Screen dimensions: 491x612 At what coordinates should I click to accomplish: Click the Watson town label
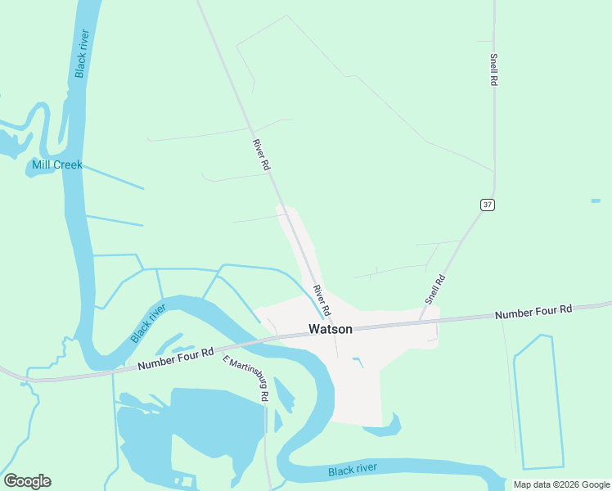coord(331,329)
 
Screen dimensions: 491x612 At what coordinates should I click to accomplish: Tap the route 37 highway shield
coord(487,205)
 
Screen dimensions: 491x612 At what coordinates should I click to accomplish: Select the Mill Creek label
coord(57,164)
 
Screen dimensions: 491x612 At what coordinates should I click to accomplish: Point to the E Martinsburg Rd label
coord(247,378)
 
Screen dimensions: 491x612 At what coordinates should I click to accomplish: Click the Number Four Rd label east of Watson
coord(533,312)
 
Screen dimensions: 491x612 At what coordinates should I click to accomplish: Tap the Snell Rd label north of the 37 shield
coord(494,70)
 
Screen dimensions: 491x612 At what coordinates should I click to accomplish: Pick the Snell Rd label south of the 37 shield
coord(435,290)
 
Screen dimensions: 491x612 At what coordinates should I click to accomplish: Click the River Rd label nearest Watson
coord(321,300)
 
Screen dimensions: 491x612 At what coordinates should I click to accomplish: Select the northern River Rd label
coord(262,155)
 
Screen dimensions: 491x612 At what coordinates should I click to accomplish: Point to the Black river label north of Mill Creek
coord(82,53)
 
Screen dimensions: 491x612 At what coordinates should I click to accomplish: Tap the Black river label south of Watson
coord(353,469)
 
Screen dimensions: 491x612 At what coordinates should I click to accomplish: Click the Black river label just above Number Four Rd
coord(148,322)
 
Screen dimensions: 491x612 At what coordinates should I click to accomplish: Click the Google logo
coord(27,481)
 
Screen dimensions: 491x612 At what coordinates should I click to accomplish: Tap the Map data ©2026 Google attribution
coord(562,484)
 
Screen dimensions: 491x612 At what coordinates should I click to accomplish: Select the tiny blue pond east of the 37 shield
coord(596,200)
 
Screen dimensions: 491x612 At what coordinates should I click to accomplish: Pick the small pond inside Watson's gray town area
coord(358,361)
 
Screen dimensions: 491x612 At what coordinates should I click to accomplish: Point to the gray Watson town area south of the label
coord(360,393)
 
